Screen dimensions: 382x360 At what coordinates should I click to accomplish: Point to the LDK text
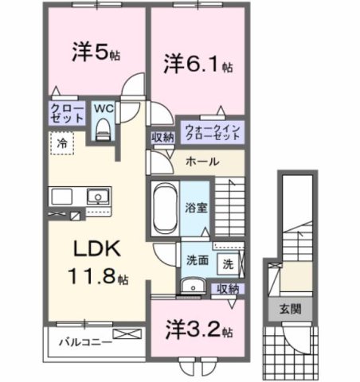point(97,250)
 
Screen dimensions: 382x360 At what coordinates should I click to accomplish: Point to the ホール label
point(202,160)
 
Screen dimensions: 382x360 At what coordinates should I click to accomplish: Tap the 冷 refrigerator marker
point(61,144)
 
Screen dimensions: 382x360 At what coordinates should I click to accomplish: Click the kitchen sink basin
point(98,196)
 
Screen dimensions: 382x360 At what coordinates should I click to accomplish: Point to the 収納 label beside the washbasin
point(228,289)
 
